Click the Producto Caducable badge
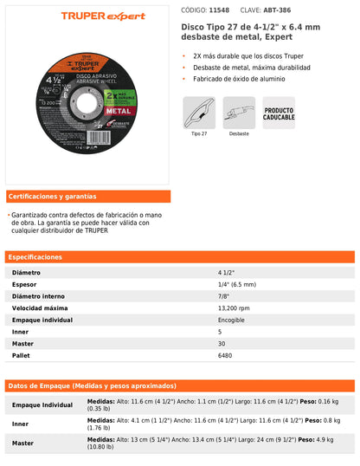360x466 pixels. point(279,113)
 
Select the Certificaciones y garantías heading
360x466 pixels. point(52,196)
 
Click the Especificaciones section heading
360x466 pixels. point(35,256)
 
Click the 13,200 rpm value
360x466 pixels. point(234,307)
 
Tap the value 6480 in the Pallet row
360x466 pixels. point(225,355)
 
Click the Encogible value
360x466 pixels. point(231,320)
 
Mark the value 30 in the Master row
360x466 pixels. point(221,343)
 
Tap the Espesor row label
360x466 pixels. point(25,283)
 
